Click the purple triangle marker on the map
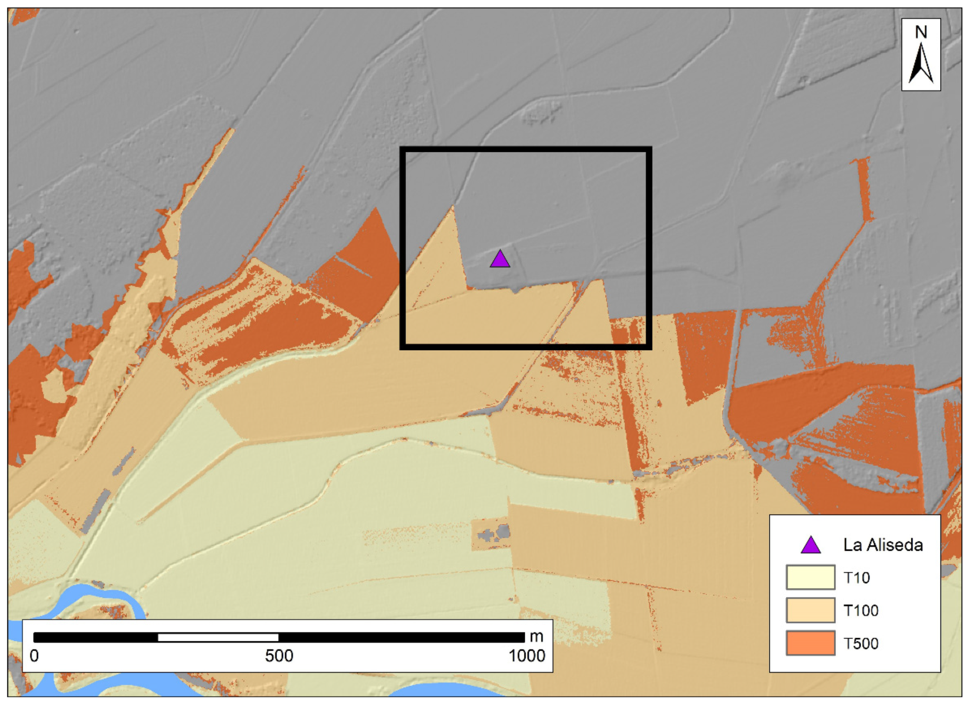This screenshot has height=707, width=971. click(x=500, y=259)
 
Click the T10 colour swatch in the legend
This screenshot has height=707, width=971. click(x=810, y=577)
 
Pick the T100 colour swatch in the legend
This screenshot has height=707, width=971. click(x=810, y=610)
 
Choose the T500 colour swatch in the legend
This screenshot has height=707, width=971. click(x=810, y=643)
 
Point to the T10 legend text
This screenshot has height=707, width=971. click(x=857, y=578)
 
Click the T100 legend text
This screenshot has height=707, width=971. click(x=860, y=610)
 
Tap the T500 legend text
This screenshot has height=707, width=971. click(x=860, y=643)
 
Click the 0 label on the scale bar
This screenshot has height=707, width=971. click(x=34, y=656)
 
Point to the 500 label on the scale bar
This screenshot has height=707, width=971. click(x=279, y=656)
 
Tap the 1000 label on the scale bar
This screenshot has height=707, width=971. click(x=526, y=656)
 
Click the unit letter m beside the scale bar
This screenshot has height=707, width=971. click(x=536, y=637)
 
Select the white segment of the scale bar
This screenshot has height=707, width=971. click(x=218, y=638)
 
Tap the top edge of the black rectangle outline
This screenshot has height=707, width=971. click(x=525, y=150)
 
